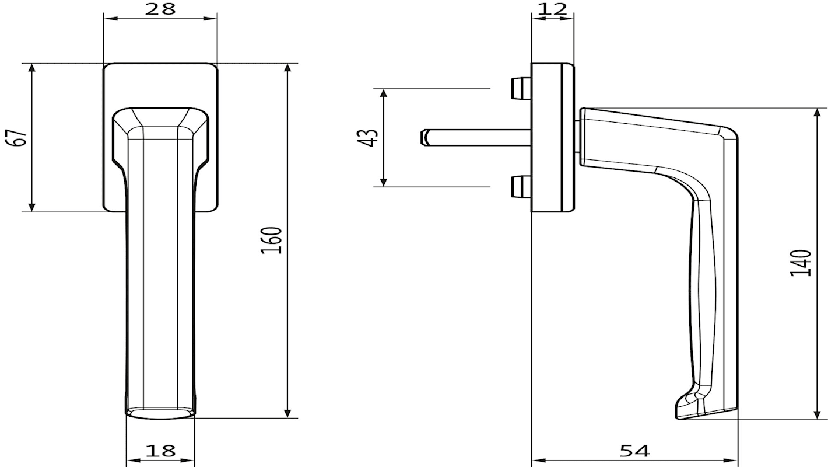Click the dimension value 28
[160, 9]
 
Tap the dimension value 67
[17, 138]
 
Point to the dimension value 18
[161, 451]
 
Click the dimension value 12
[552, 9]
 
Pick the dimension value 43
[368, 138]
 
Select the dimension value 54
[634, 451]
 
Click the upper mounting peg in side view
[521, 89]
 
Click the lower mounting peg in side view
[521, 187]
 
